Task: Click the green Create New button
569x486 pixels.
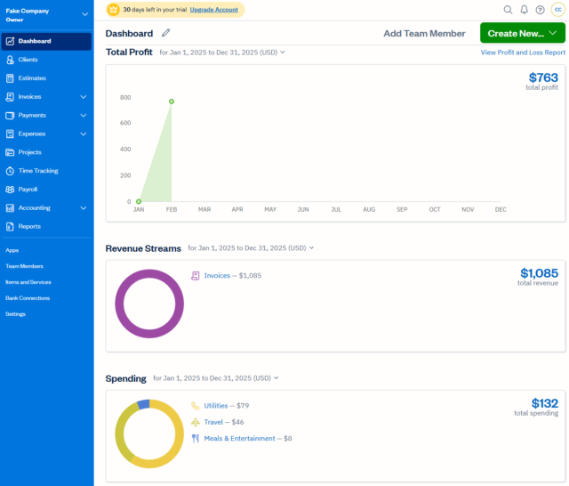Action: (x=522, y=33)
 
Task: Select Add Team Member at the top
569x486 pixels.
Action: (x=424, y=33)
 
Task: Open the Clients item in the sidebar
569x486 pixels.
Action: (x=28, y=60)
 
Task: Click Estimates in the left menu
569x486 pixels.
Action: (x=32, y=78)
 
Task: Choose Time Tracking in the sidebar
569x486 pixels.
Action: (x=37, y=171)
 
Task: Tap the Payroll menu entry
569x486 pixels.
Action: (x=28, y=190)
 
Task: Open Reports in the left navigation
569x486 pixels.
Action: (x=29, y=226)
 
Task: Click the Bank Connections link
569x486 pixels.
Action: (x=28, y=298)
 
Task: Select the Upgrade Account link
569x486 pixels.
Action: (x=213, y=9)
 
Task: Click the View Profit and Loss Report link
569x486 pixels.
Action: (x=523, y=53)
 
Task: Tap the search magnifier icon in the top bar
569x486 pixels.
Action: (x=508, y=10)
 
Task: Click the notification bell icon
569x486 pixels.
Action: (x=524, y=10)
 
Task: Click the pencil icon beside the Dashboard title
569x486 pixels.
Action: (x=166, y=33)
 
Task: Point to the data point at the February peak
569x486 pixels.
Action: (x=172, y=101)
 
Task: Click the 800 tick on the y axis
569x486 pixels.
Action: (x=125, y=98)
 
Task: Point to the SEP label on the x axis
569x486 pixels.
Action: (x=402, y=209)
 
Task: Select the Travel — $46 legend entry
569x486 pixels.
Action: (x=223, y=422)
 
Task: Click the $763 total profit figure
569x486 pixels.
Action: (x=543, y=78)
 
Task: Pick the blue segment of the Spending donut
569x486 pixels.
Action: (x=143, y=405)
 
